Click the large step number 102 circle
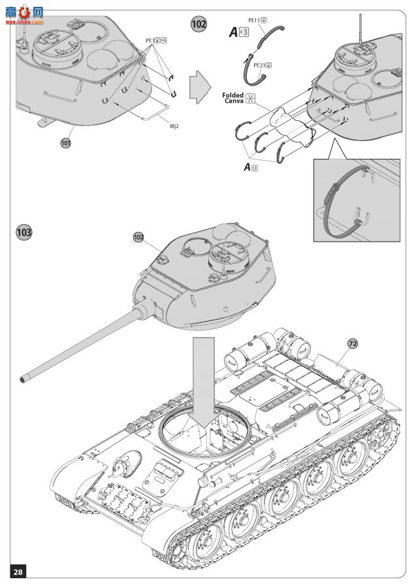(199, 24)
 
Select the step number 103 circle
(24, 232)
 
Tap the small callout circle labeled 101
(65, 143)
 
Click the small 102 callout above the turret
(138, 237)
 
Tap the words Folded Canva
(233, 98)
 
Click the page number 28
(18, 572)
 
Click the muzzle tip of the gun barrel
(24, 378)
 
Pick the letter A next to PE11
(233, 31)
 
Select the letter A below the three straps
(247, 167)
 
